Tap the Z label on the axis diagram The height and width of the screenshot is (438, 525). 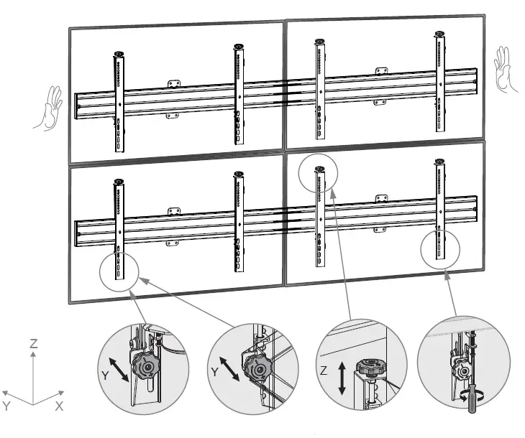tap(33, 344)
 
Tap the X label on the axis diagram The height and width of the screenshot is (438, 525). tap(60, 406)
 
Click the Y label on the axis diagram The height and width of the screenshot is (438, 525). tap(7, 406)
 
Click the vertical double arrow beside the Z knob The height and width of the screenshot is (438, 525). tap(342, 378)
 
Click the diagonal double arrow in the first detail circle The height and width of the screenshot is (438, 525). tap(119, 367)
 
